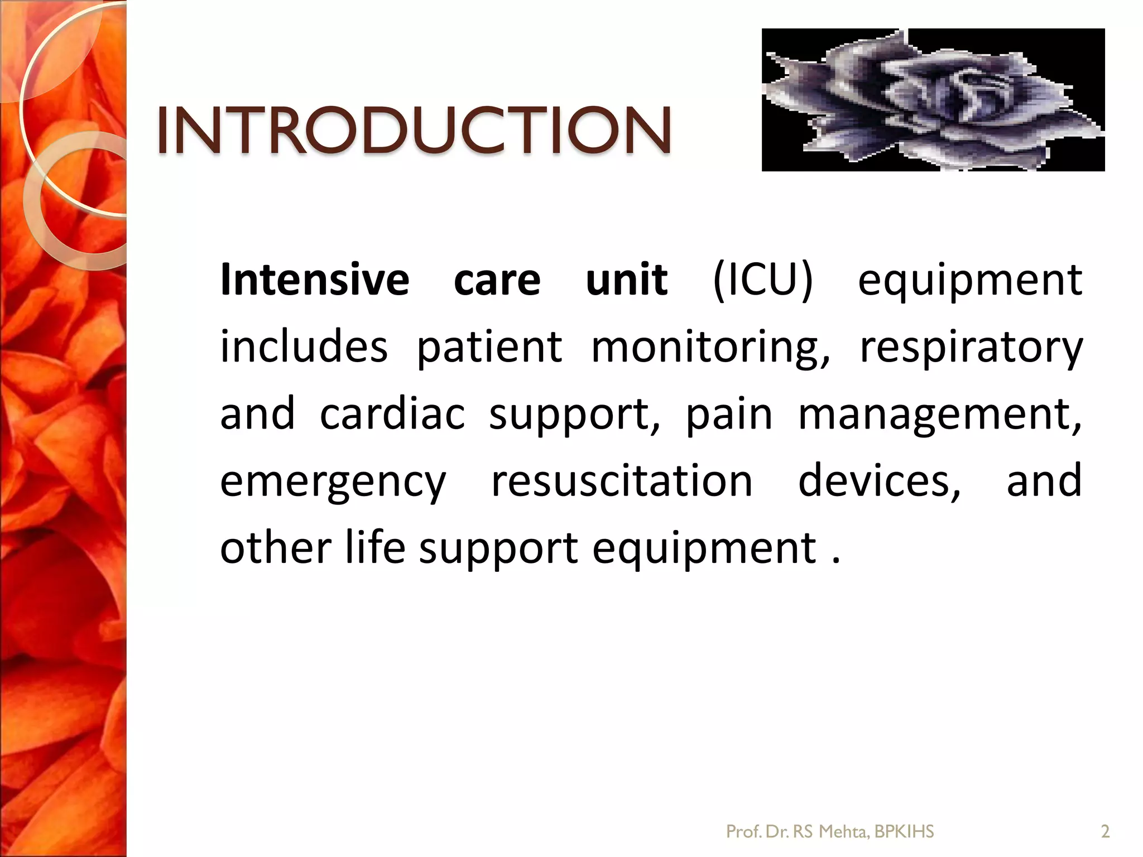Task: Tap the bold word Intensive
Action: click(315, 280)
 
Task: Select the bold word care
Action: click(497, 280)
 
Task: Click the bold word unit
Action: click(626, 280)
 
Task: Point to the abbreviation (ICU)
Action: click(762, 280)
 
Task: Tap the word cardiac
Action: click(392, 414)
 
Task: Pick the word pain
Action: click(729, 414)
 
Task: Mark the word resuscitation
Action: click(622, 481)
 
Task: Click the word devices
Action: click(880, 481)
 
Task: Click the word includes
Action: click(304, 347)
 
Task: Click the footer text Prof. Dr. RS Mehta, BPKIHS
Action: click(829, 832)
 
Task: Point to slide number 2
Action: click(1104, 832)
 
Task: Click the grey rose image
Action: click(933, 100)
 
